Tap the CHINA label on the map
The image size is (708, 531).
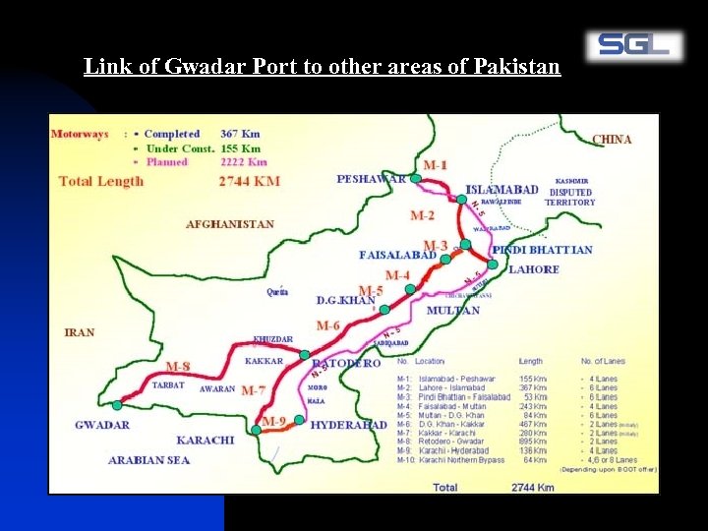[x=612, y=140]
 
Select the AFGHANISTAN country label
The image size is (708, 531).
[x=230, y=224]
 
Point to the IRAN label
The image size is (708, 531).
[x=80, y=332]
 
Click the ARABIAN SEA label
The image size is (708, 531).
[x=149, y=459]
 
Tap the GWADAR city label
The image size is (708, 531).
[x=102, y=425]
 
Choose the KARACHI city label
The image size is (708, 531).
[x=206, y=440]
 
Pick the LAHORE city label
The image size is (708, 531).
[x=534, y=269]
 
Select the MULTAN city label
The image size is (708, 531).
[x=453, y=311]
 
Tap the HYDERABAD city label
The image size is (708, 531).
[x=348, y=425]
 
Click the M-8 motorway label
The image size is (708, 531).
[x=178, y=367]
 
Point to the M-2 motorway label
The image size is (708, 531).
[x=422, y=215]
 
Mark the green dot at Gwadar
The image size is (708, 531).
[x=117, y=404]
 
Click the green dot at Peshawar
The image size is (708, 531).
[x=416, y=179]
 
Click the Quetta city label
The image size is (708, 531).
[x=277, y=292]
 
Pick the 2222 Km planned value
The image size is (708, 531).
[x=244, y=162]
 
